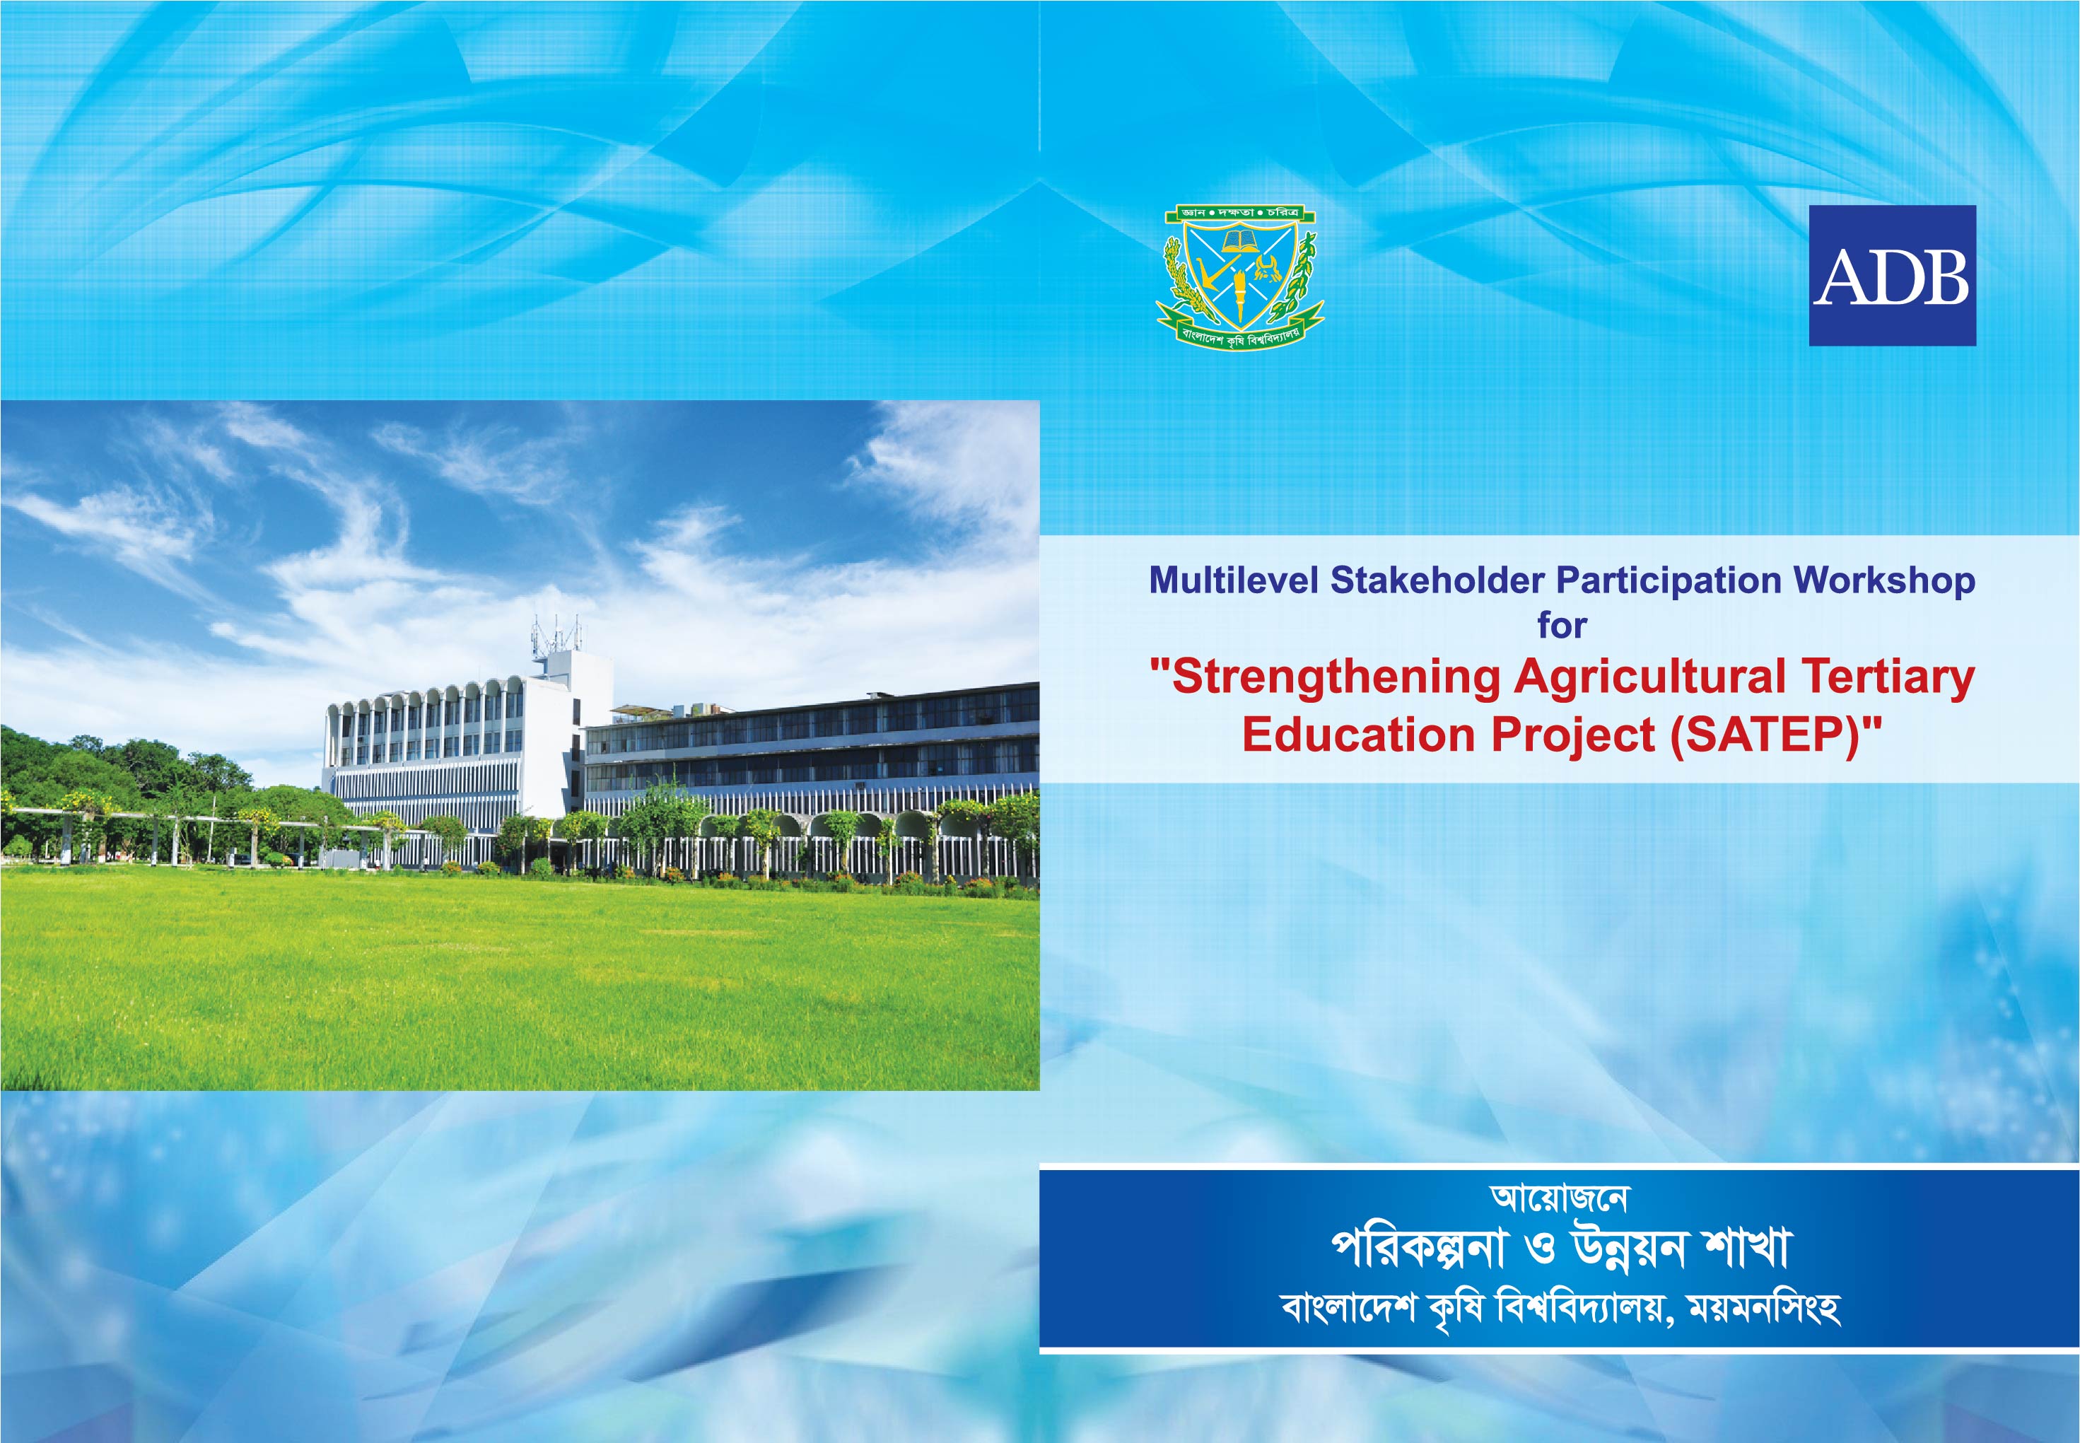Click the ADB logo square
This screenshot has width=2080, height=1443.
[1892, 275]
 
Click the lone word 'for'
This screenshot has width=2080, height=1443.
[1562, 625]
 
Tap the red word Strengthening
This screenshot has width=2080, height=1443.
[1330, 678]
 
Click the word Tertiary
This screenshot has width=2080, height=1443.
[1888, 678]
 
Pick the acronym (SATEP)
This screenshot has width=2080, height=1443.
[1765, 734]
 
